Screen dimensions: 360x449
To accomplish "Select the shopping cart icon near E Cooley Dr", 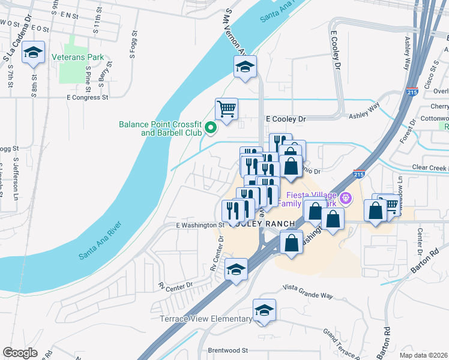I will tap(227, 109).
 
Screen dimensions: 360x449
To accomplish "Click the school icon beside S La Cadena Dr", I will tap(34, 53).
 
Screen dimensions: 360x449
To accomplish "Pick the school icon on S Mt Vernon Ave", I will tap(245, 67).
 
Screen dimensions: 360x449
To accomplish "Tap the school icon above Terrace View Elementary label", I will tap(264, 310).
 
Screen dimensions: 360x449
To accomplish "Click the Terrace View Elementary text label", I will tap(206, 319).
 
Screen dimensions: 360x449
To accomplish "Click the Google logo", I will tap(20, 352).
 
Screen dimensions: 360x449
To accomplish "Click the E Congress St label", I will tap(87, 97).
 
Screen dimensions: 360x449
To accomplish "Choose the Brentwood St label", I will tap(228, 350).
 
